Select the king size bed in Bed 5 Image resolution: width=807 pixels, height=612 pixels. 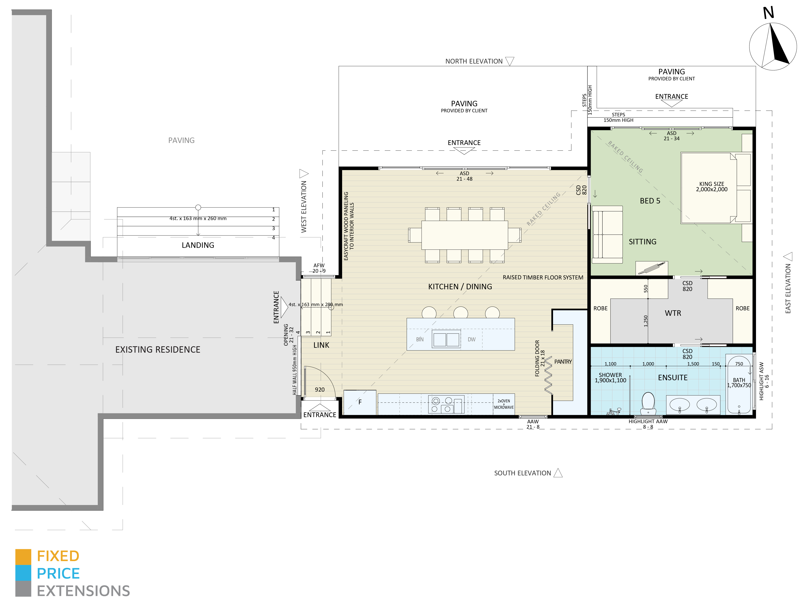pos(708,188)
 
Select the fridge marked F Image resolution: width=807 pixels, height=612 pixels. pos(360,402)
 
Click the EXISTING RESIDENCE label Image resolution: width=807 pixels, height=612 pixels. pos(158,350)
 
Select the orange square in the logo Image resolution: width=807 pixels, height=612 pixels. pos(23,557)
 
